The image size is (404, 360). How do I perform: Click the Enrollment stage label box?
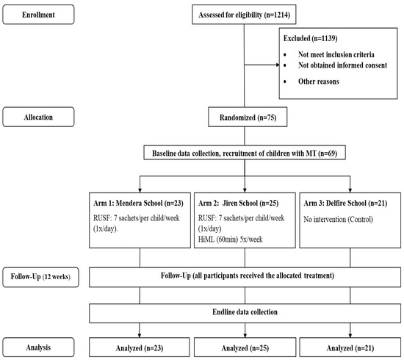pos(38,15)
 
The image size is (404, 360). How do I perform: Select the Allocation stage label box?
pos(38,117)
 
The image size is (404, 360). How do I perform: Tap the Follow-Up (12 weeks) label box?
pos(40,277)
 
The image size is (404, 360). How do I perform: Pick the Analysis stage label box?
pos(38,348)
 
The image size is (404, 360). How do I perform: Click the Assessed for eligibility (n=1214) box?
pos(244,15)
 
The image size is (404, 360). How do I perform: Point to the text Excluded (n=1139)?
pos(310,38)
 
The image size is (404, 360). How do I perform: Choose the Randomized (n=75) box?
pos(248,118)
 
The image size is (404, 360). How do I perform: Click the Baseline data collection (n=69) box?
pos(245,153)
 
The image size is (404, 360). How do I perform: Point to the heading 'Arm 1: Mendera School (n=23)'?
pos(138,203)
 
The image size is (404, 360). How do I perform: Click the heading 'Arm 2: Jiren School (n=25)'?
pos(238,203)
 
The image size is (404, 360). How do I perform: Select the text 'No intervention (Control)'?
pos(338,219)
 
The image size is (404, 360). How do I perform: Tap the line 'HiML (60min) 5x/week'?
pos(231,240)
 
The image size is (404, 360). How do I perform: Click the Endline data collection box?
pos(245,314)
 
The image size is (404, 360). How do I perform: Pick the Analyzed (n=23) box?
pos(140,348)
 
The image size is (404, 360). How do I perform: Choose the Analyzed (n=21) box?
pos(350,348)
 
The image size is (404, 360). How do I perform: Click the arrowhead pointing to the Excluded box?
pos(278,65)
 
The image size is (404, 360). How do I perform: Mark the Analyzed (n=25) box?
pos(245,348)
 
